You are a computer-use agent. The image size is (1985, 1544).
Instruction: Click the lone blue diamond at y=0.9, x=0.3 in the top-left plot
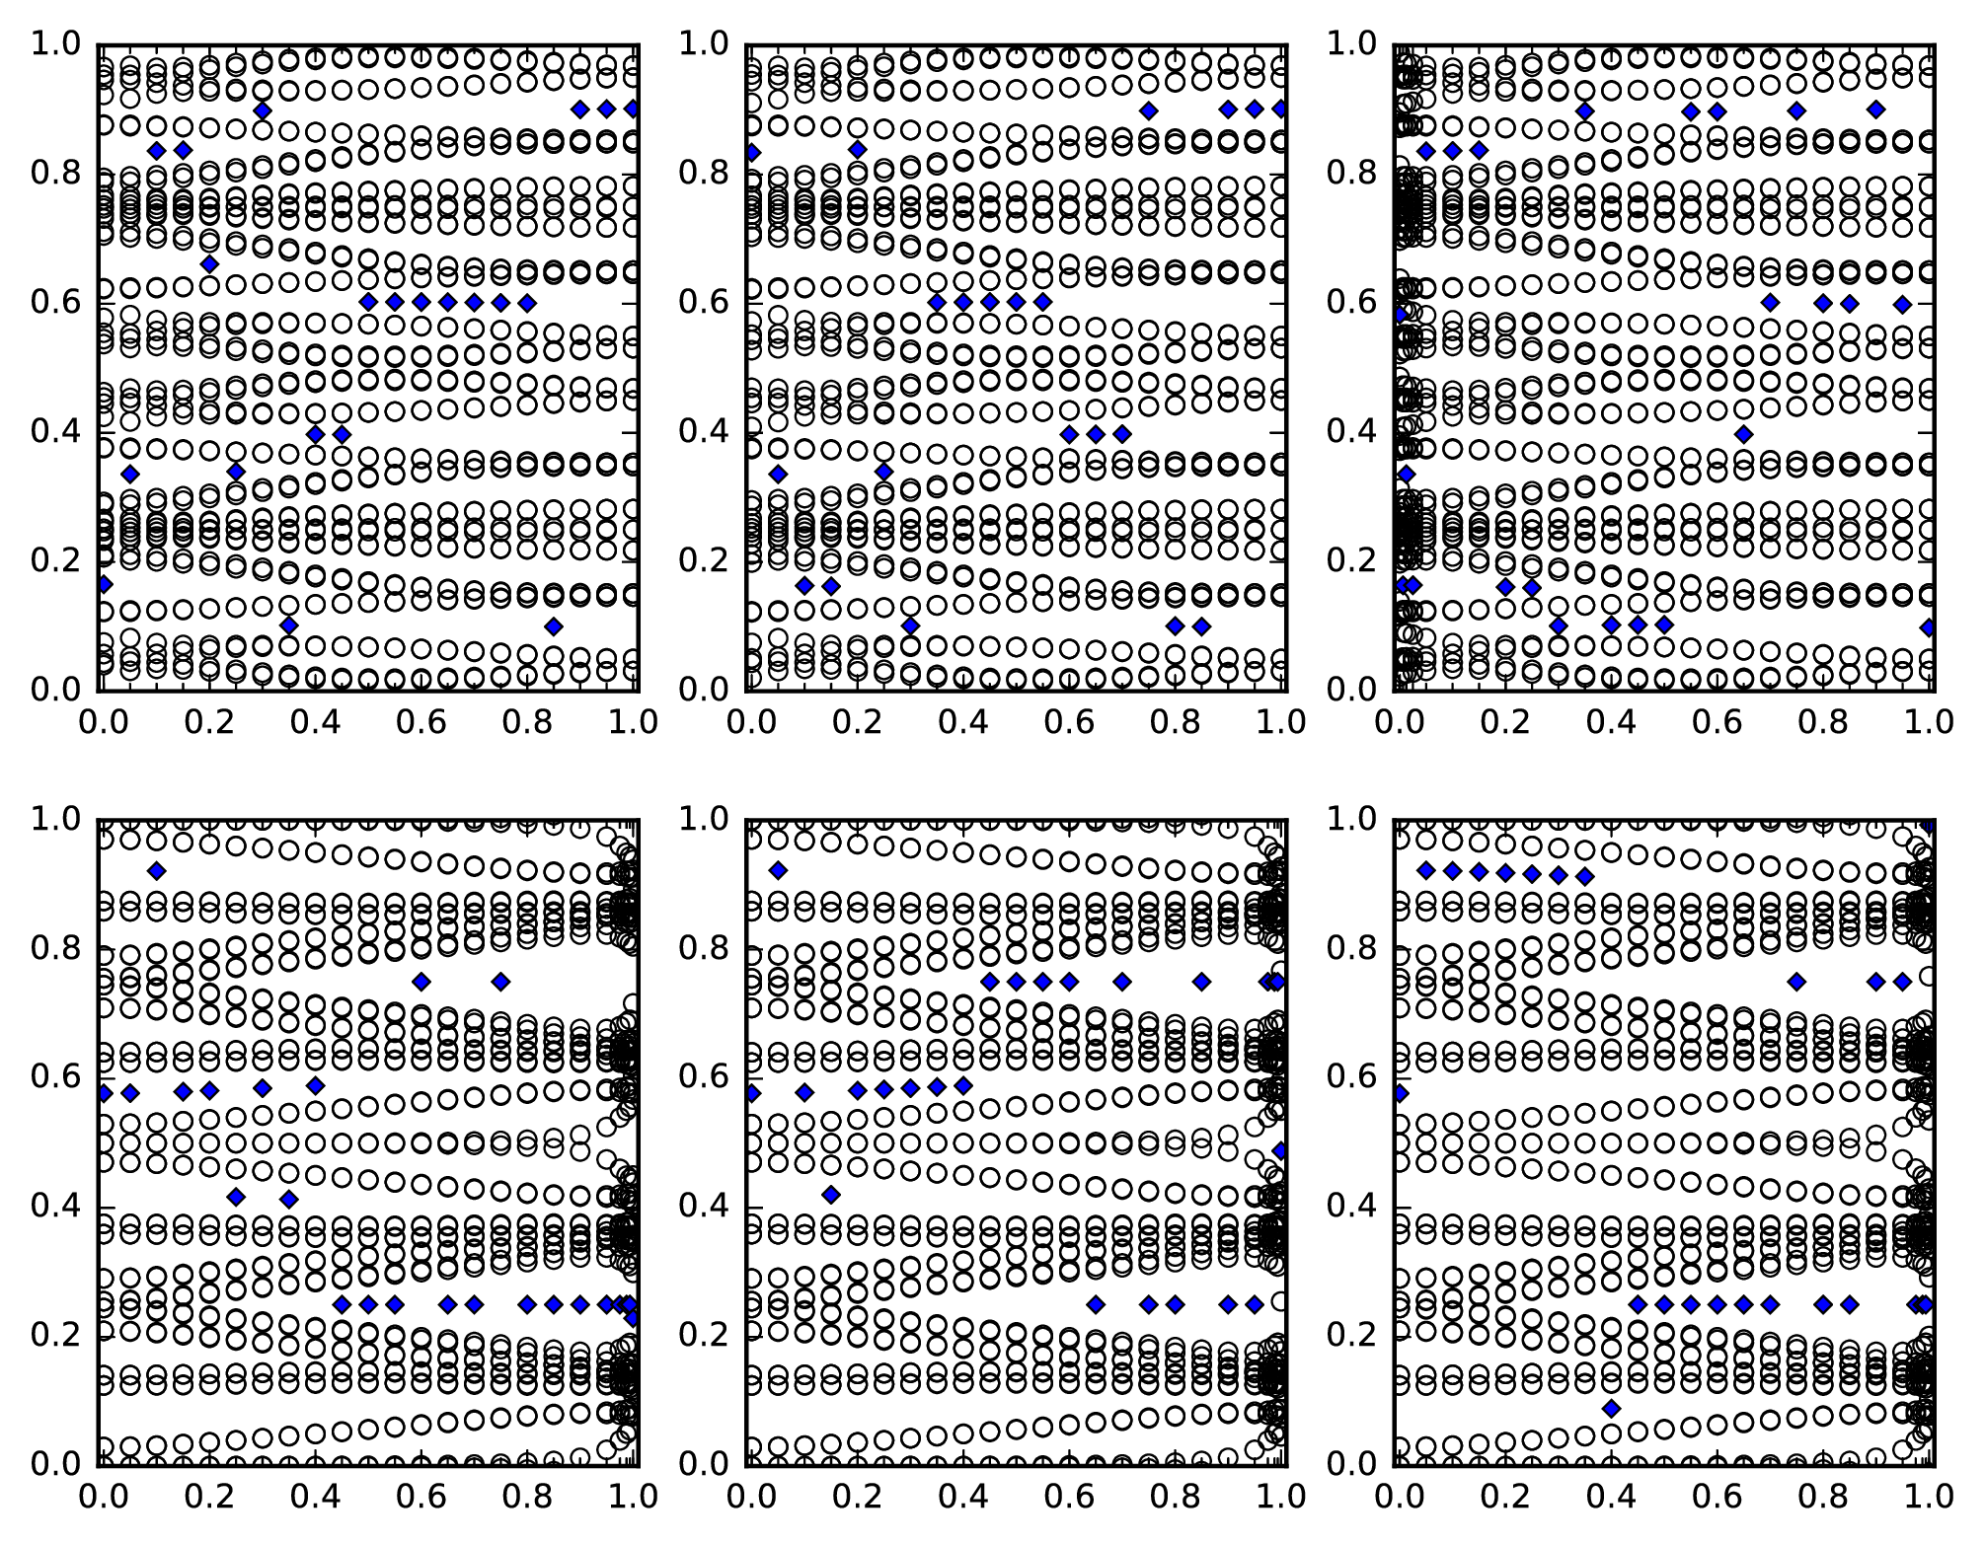pyautogui.click(x=262, y=110)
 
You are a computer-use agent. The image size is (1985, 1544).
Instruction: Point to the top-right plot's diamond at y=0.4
pyautogui.click(x=1743, y=434)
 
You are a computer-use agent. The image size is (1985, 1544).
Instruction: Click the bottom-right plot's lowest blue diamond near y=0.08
pyautogui.click(x=1611, y=1409)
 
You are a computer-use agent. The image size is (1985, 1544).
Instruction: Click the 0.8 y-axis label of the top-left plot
pyautogui.click(x=54, y=173)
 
